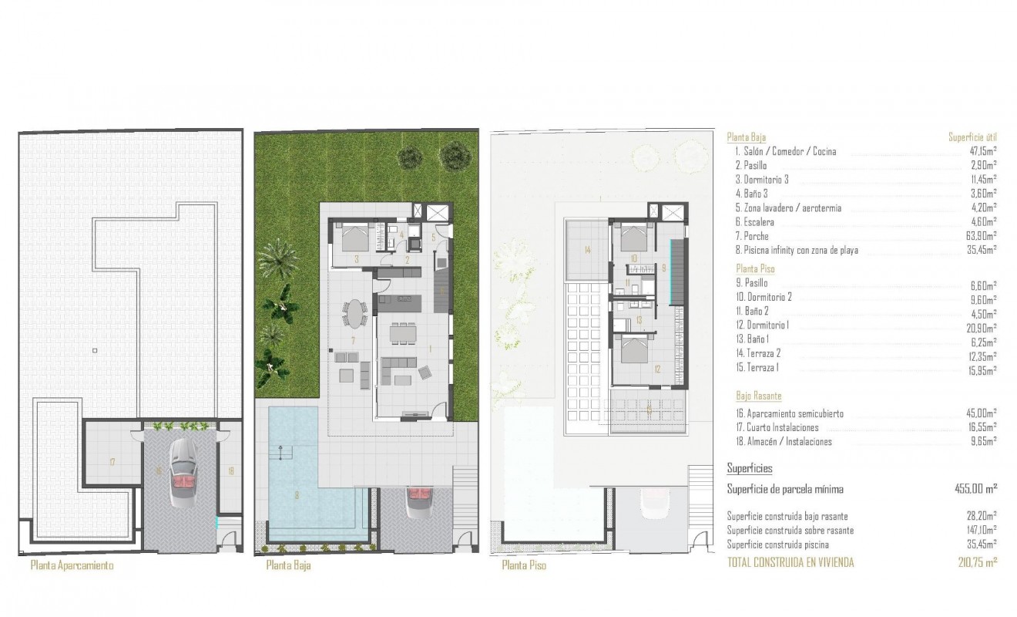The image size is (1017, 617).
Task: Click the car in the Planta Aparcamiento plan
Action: pos(182,472)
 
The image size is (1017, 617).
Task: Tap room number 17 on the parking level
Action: pos(112,462)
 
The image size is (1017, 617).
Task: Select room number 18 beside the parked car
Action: pos(230,468)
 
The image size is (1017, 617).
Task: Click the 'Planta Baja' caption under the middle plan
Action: pos(288,565)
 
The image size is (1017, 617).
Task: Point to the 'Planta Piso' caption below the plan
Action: pos(524,565)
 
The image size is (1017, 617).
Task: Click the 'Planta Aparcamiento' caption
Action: pos(72,565)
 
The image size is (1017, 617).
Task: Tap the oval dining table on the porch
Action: pos(354,314)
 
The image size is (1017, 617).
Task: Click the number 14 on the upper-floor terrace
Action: pos(587,250)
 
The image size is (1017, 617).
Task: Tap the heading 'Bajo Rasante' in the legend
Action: pos(758,396)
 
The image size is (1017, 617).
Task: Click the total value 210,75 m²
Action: pos(978,563)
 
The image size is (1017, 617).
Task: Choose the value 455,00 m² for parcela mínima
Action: pos(975,489)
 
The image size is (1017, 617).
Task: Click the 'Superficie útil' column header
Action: pos(972,137)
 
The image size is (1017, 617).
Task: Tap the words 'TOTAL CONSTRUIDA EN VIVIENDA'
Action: pos(790,563)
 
